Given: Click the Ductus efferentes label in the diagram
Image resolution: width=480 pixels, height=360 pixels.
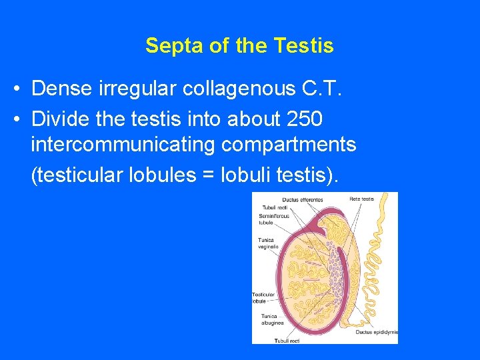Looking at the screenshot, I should pos(303,199).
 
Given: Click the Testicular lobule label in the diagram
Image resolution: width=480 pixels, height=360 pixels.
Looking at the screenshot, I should pos(263,297).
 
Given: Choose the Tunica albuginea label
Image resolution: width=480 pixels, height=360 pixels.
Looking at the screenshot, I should pos(273,319).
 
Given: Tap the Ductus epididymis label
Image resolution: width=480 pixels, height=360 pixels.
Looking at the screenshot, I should pos(377,331).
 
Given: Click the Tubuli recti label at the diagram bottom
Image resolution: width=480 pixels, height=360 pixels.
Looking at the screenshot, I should pos(287,340).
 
